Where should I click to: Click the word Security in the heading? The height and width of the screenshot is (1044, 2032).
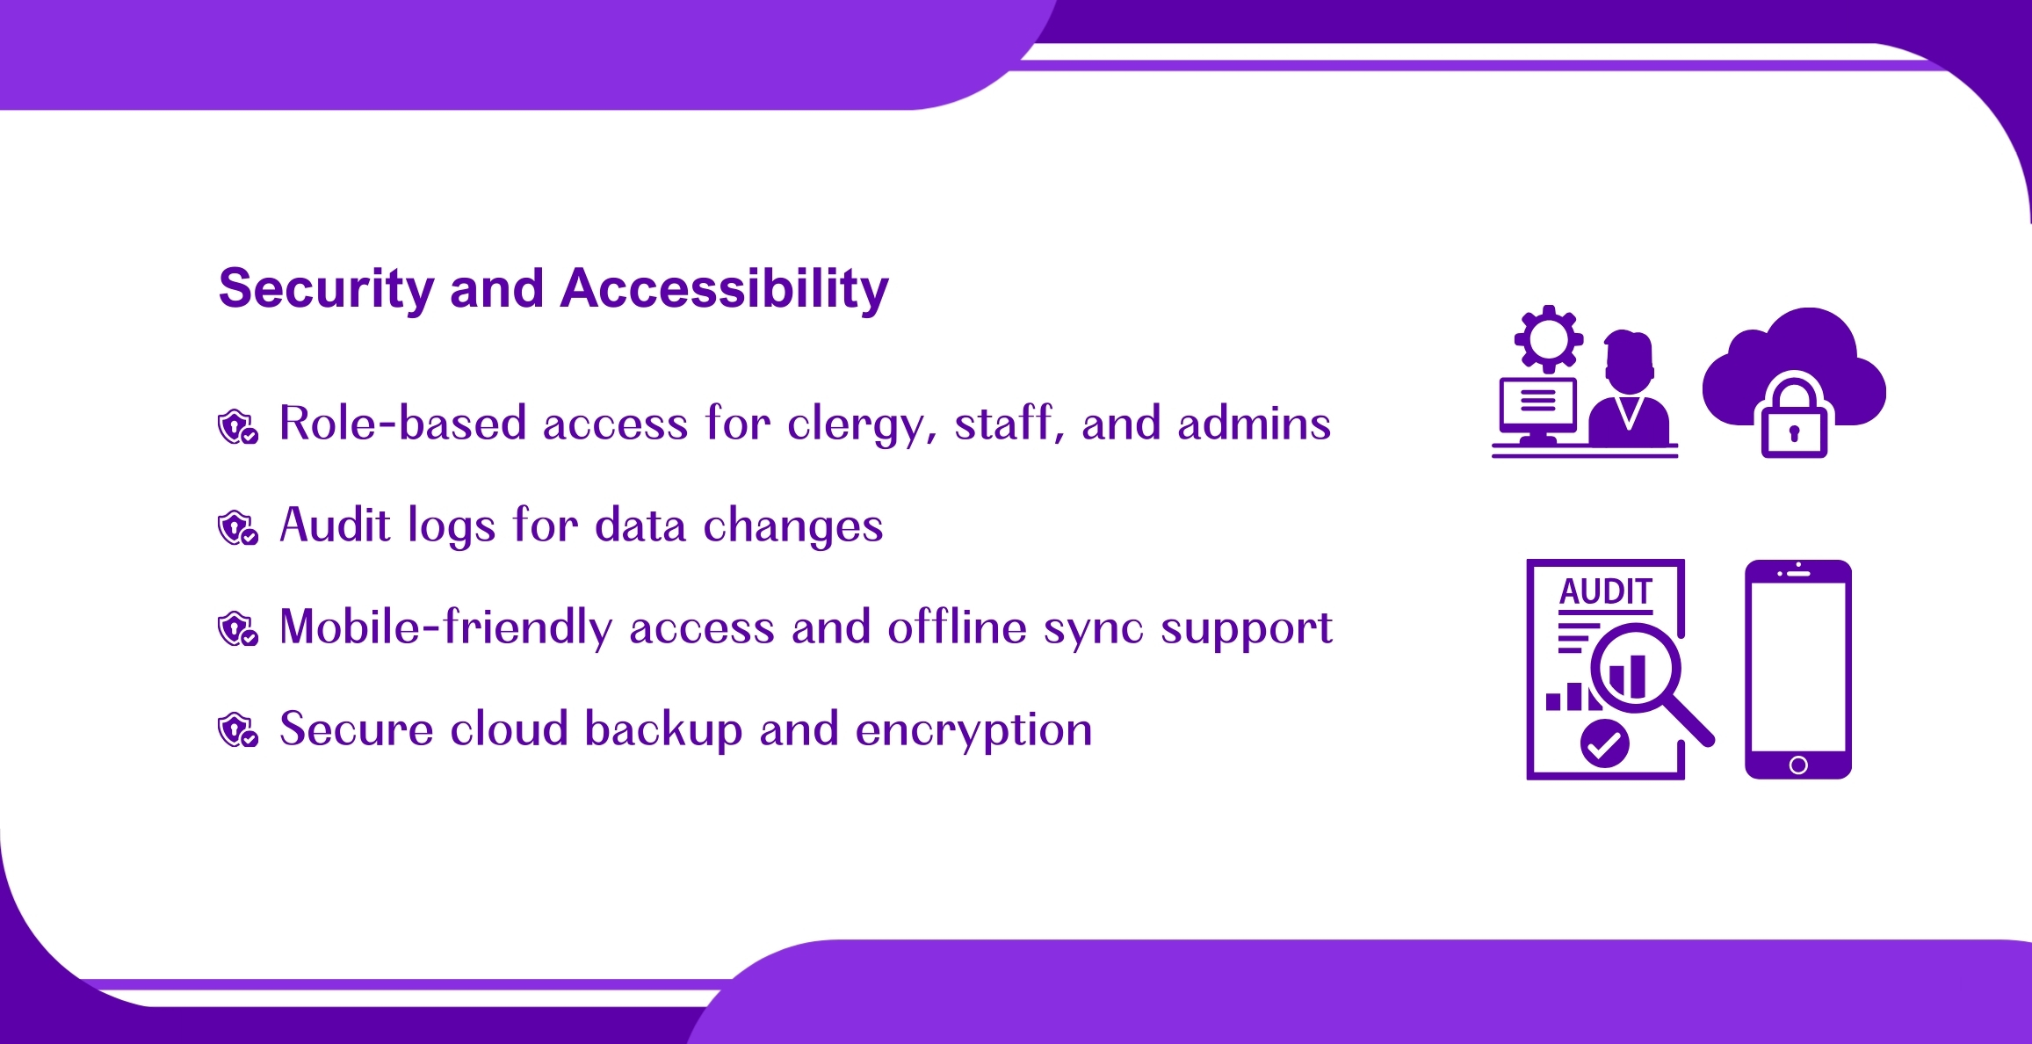(326, 289)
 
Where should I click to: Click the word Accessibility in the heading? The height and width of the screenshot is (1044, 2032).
(725, 289)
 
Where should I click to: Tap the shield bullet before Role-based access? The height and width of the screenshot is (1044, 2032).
(238, 426)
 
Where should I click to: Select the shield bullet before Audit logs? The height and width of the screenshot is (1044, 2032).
(238, 528)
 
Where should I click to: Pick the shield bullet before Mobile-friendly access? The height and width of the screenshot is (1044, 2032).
(238, 629)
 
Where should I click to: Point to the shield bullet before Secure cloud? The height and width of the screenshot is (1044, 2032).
(238, 730)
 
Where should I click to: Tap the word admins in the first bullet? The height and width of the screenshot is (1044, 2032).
(1255, 424)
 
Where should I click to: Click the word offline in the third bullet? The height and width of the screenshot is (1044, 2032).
(958, 627)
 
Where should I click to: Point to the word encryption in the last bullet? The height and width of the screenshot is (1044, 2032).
(974, 731)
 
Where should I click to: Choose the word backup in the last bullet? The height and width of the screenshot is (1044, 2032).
(664, 729)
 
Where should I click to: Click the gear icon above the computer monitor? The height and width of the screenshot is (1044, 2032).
(1549, 338)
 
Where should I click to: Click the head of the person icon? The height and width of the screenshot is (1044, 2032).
(1630, 360)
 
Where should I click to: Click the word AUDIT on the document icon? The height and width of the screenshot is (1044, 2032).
(1606, 591)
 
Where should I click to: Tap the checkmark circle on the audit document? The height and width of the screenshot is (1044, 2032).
(1605, 743)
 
